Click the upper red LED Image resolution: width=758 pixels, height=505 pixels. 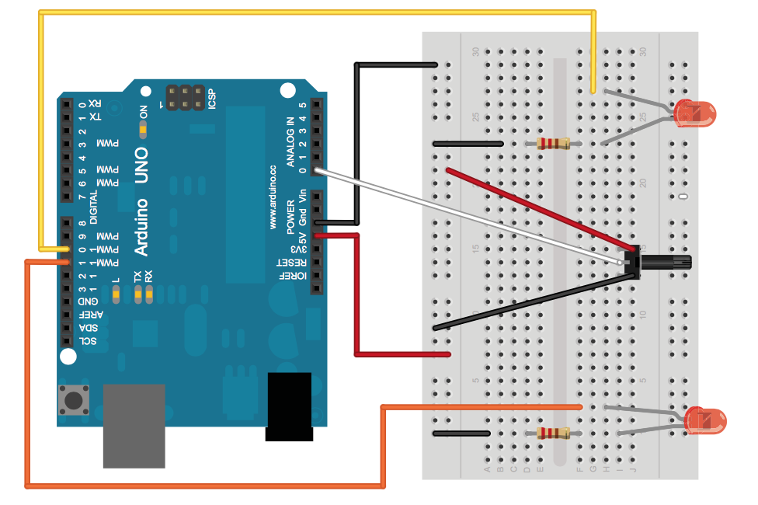[695, 113]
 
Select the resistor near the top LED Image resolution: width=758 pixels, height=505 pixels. [553, 143]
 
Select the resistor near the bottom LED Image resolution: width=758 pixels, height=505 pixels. [553, 433]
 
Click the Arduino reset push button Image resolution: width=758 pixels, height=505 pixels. [74, 400]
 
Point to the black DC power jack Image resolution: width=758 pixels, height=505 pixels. [288, 406]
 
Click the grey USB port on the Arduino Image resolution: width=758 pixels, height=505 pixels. [134, 426]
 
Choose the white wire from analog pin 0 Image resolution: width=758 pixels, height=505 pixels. [466, 214]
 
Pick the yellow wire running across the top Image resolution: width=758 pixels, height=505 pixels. [311, 12]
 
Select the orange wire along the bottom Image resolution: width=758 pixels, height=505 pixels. [202, 486]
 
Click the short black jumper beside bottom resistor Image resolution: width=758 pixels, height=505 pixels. [461, 433]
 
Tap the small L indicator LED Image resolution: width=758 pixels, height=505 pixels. [116, 293]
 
